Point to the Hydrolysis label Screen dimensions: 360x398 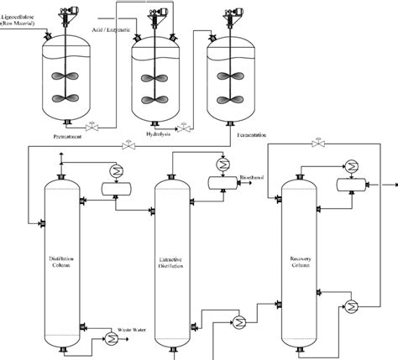click(157, 133)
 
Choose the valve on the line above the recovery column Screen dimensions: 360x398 click(317, 144)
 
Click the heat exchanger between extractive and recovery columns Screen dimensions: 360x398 click(239, 321)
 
